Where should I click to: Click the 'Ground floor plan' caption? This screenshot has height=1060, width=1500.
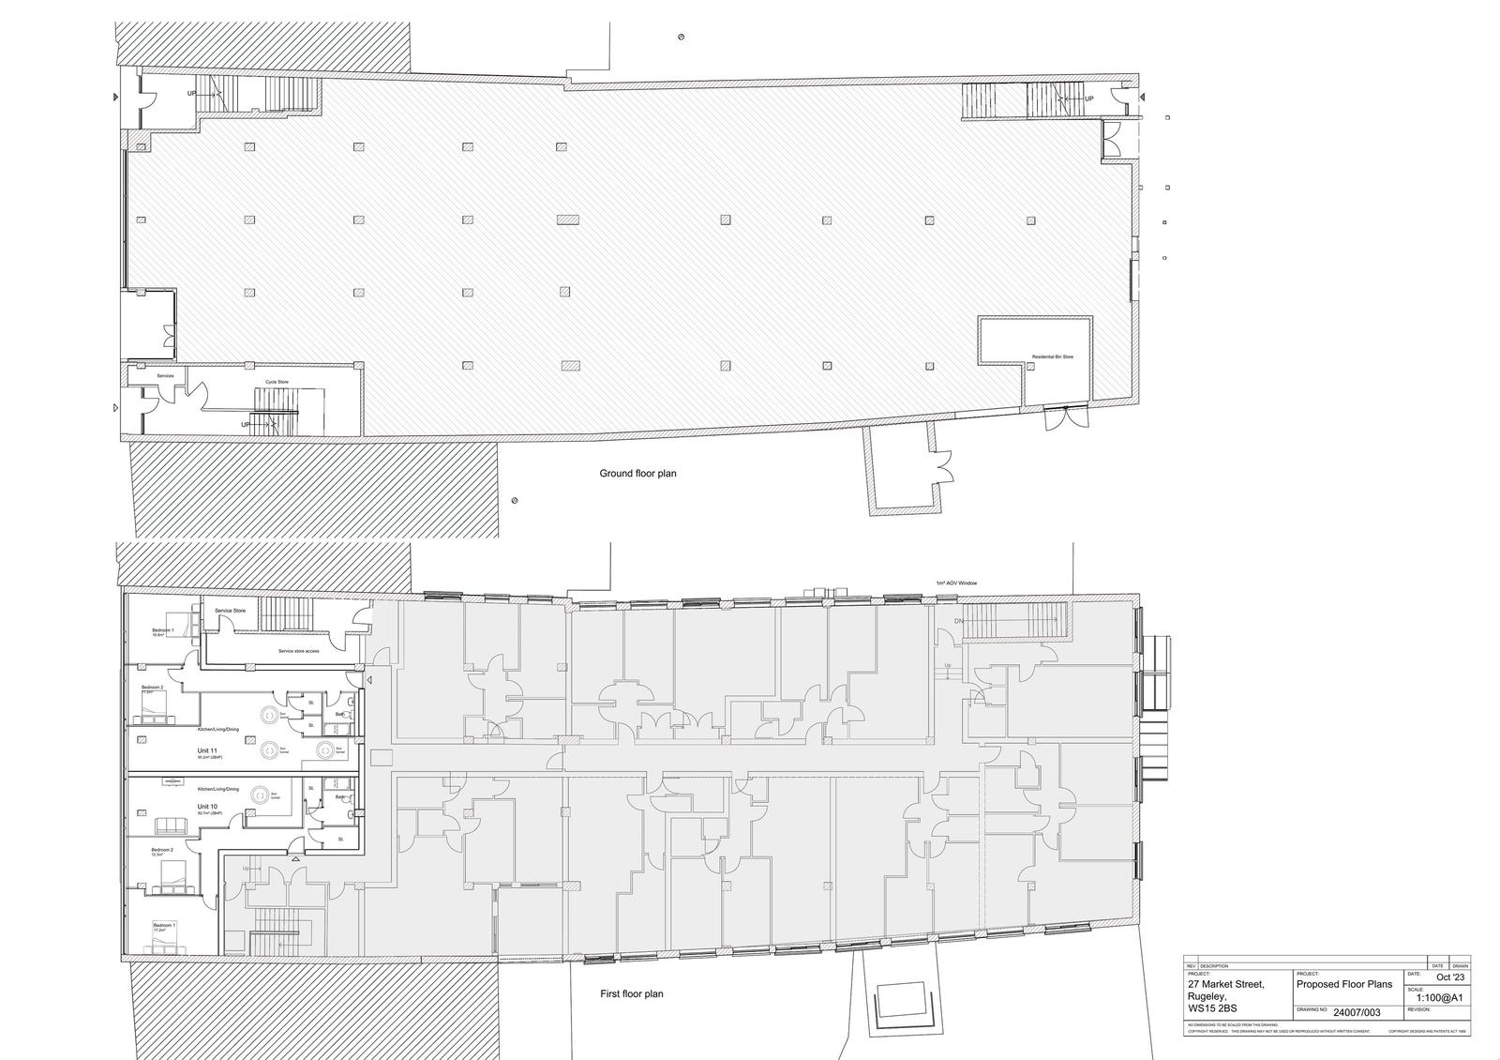[637, 474]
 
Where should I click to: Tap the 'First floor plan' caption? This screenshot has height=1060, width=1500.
[631, 993]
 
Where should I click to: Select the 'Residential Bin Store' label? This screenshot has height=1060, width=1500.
[1053, 357]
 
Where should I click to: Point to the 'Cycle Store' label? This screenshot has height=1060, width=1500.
[277, 382]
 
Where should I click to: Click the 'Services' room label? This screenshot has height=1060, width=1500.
[165, 376]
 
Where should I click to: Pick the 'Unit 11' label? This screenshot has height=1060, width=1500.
[207, 751]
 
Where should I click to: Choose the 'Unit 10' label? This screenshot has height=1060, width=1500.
[207, 807]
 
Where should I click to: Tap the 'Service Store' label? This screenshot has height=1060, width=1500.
[230, 611]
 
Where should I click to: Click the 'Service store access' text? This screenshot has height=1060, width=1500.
[298, 651]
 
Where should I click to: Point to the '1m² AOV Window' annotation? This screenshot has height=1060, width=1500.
[956, 583]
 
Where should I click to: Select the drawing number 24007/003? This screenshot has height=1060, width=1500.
[1357, 1013]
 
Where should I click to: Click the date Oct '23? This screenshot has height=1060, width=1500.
[1449, 977]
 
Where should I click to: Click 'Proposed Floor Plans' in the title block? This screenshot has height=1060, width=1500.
[1344, 984]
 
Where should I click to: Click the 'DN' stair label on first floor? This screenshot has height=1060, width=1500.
[959, 622]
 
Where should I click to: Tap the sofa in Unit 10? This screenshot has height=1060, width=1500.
[171, 826]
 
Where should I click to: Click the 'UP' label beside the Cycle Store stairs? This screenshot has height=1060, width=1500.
[246, 425]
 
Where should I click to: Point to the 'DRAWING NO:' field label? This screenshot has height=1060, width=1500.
[1312, 1010]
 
